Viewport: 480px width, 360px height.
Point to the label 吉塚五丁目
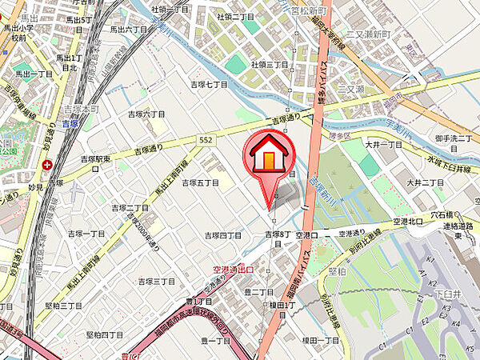tap(200, 182)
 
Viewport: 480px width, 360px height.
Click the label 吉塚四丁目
tap(223, 235)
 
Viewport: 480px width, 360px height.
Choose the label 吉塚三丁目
tap(156, 282)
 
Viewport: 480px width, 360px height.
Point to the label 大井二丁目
tap(424, 182)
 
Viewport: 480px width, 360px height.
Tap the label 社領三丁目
tap(269, 63)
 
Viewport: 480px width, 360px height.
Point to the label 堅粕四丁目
tap(105, 334)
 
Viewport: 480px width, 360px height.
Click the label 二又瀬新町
tap(367, 36)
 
